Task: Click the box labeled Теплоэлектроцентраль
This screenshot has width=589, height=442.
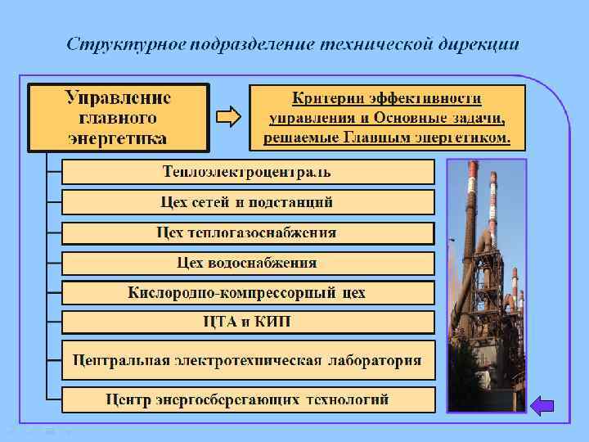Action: click(x=248, y=172)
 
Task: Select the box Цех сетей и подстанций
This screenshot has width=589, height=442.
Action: click(x=248, y=202)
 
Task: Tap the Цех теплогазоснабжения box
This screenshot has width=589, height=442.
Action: click(x=248, y=232)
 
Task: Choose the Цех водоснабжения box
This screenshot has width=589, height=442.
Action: click(x=248, y=264)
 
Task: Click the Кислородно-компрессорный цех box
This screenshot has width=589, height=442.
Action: click(x=248, y=292)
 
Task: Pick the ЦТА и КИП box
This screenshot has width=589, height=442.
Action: click(x=248, y=322)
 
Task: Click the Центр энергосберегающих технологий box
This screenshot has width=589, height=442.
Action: click(x=248, y=399)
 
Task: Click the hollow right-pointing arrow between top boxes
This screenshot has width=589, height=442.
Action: click(x=229, y=118)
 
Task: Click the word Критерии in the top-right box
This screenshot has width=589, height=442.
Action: click(x=326, y=98)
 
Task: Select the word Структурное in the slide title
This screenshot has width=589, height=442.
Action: click(x=124, y=43)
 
